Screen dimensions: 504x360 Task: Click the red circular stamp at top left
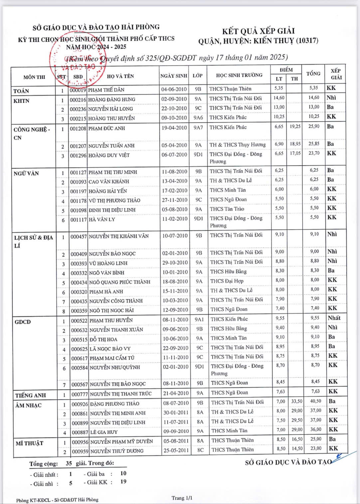point(78,60)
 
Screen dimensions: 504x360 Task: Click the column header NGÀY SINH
point(174,76)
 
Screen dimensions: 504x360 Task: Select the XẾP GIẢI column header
point(336,74)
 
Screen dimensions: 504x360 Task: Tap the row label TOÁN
point(21,91)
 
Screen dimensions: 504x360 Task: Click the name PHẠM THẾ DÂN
point(106,90)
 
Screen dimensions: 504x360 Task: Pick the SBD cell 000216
point(78,99)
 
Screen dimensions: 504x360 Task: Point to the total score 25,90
point(313,126)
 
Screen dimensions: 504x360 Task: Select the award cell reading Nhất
point(334,318)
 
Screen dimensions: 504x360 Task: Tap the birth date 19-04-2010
point(174,128)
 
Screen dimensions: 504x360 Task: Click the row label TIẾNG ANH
point(30,395)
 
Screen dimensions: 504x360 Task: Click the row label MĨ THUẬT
point(29,443)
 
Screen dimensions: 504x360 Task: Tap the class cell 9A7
point(198,128)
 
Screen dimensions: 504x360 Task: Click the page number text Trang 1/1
point(182,498)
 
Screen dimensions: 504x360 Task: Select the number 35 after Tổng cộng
point(69,463)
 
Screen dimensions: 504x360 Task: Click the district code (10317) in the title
point(307,41)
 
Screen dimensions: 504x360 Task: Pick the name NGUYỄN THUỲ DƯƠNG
point(117,451)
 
